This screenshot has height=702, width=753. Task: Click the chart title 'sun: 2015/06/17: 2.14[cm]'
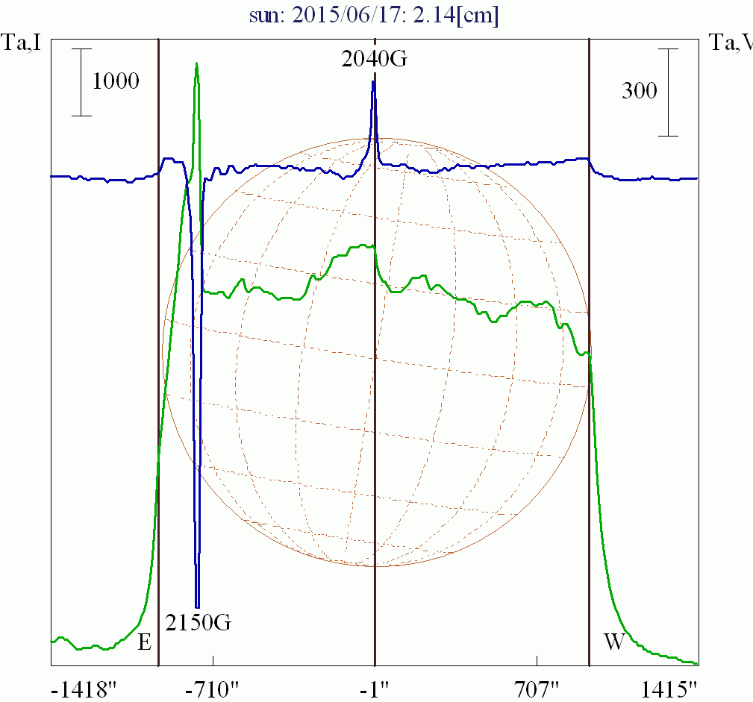click(376, 14)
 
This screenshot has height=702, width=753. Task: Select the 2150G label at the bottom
click(198, 621)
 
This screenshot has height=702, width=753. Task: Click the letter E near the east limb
click(145, 642)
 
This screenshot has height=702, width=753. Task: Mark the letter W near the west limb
click(613, 642)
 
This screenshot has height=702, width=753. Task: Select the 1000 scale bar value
click(116, 81)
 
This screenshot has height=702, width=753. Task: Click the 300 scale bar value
click(640, 91)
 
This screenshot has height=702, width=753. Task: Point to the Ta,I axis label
click(22, 43)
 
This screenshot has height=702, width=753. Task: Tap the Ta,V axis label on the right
click(731, 43)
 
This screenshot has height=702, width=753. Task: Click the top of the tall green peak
click(196, 63)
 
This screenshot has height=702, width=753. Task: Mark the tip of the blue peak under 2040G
click(373, 81)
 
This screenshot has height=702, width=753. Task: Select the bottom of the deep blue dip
click(197, 606)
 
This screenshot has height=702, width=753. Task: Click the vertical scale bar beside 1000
click(81, 82)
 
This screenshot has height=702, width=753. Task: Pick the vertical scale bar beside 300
click(669, 93)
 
